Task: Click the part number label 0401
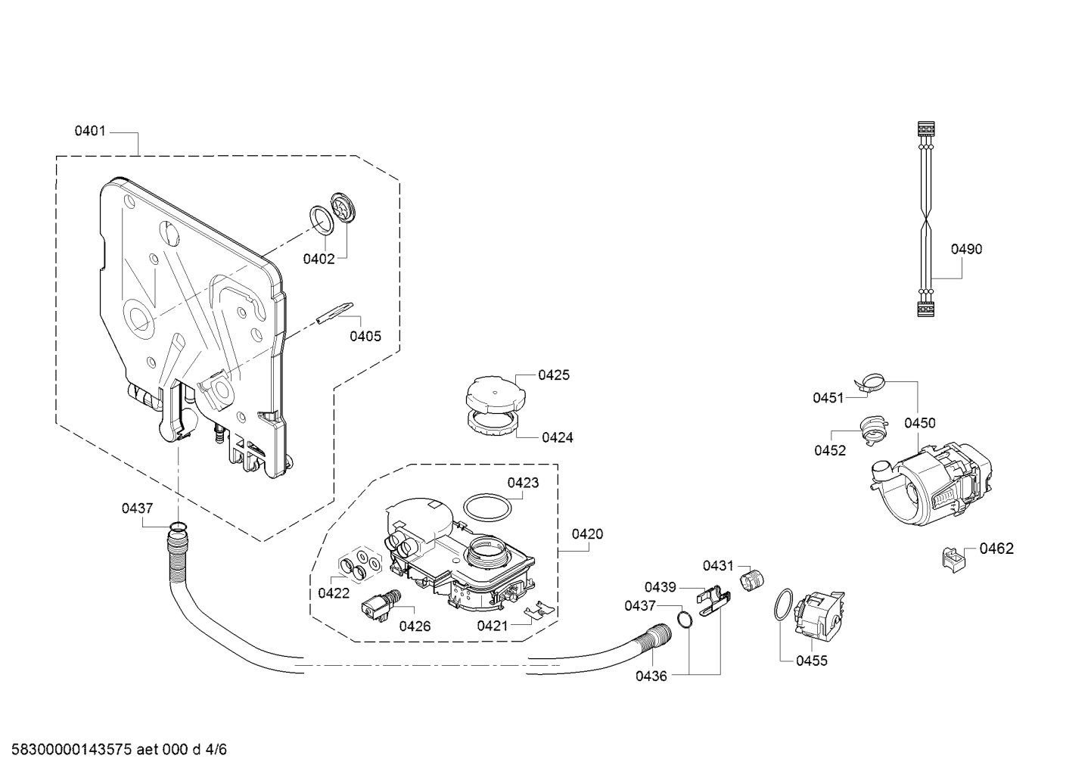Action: pyautogui.click(x=90, y=131)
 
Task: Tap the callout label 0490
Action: pyautogui.click(x=966, y=249)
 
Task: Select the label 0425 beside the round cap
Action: pyautogui.click(x=554, y=375)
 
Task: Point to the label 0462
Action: pyautogui.click(x=996, y=549)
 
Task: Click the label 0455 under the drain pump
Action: pyautogui.click(x=812, y=661)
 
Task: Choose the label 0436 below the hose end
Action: pyautogui.click(x=651, y=676)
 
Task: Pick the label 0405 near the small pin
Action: pyautogui.click(x=365, y=336)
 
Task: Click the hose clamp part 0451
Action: pyautogui.click(x=869, y=383)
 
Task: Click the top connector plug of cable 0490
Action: pyautogui.click(x=925, y=129)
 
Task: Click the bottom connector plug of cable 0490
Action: pyautogui.click(x=925, y=309)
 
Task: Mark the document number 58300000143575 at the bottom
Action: pyautogui.click(x=72, y=749)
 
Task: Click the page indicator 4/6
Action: pyautogui.click(x=216, y=749)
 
